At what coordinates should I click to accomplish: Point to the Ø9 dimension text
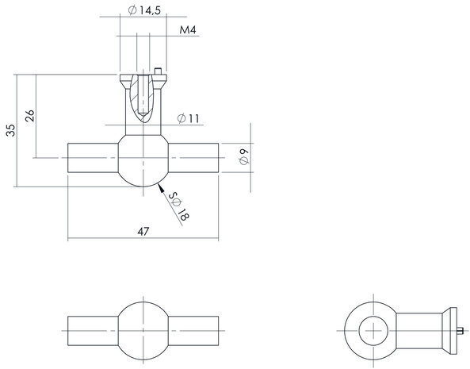tap(243, 157)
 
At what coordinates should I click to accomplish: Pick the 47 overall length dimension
tap(143, 232)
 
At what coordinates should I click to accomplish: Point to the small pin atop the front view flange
tap(160, 71)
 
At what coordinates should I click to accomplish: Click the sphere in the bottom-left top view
tap(143, 327)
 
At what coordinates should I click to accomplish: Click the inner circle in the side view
tap(372, 327)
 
